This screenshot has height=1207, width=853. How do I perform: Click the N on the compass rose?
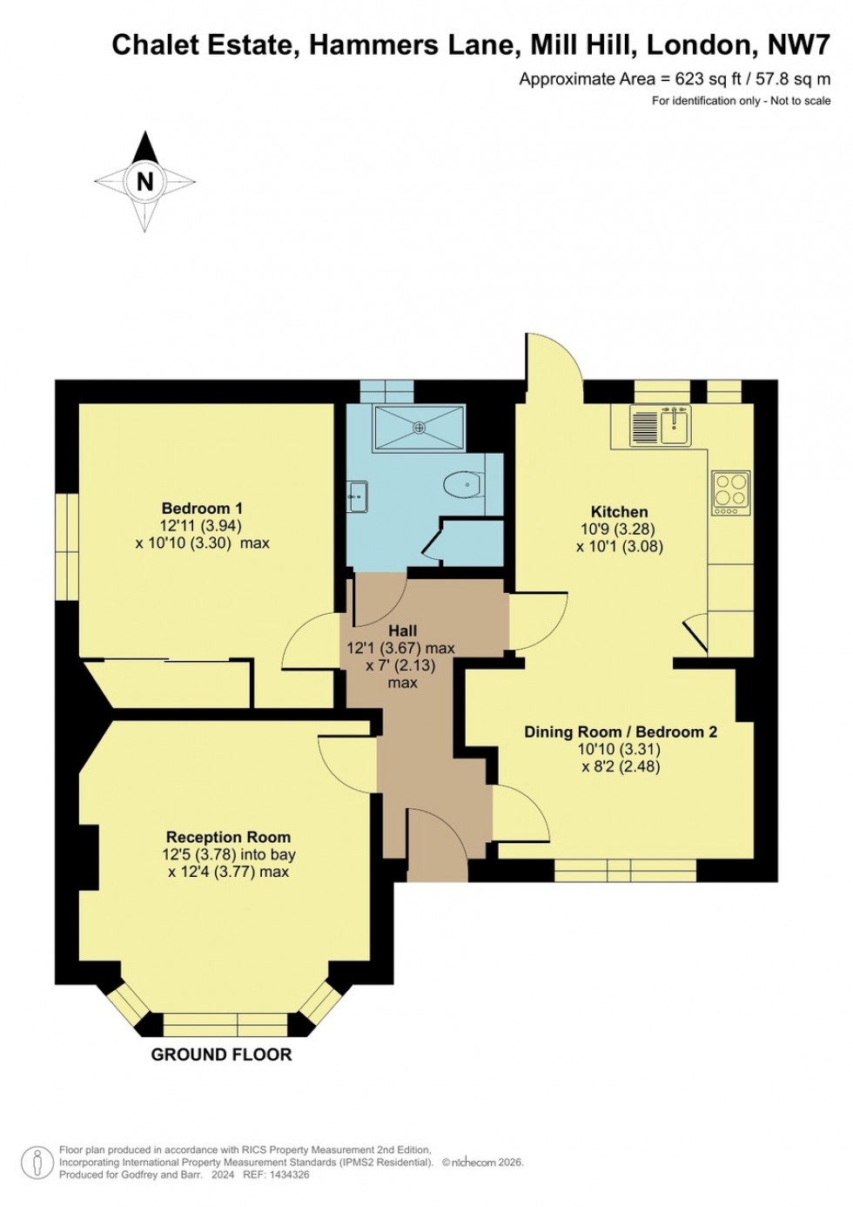click(x=144, y=181)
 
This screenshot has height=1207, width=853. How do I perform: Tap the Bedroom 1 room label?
click(x=202, y=508)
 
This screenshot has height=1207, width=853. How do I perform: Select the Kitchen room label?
click(x=619, y=511)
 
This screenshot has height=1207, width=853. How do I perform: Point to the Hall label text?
click(x=402, y=630)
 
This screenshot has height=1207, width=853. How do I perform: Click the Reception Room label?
click(x=228, y=837)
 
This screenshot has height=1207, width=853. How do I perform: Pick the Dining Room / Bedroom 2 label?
click(x=620, y=732)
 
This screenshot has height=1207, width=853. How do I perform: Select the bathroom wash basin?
click(x=358, y=497)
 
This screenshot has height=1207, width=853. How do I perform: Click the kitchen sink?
click(x=675, y=424)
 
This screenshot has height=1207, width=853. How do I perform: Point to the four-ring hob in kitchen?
click(x=731, y=489)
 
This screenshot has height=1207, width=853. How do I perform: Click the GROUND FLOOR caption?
click(x=221, y=1055)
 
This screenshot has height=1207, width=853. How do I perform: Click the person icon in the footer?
click(x=37, y=1162)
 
